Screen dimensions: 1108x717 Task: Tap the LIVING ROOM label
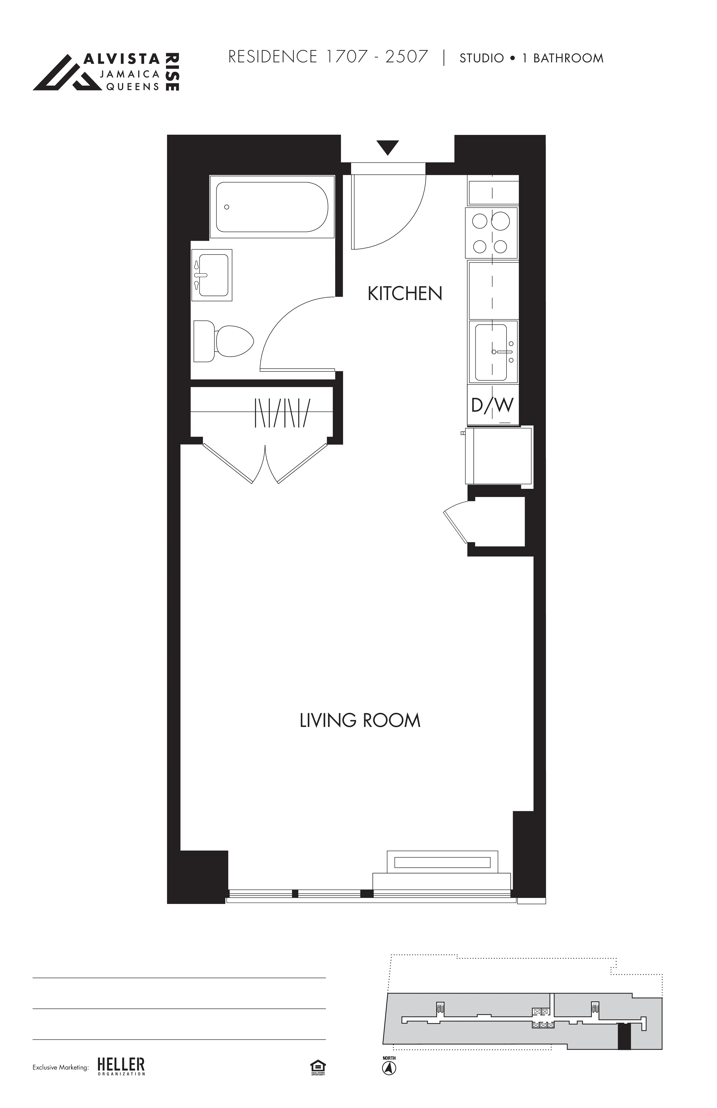(360, 720)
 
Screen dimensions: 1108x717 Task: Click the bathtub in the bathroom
(272, 207)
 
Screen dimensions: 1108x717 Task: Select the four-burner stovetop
(491, 233)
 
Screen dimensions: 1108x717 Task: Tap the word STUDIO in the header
(481, 58)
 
